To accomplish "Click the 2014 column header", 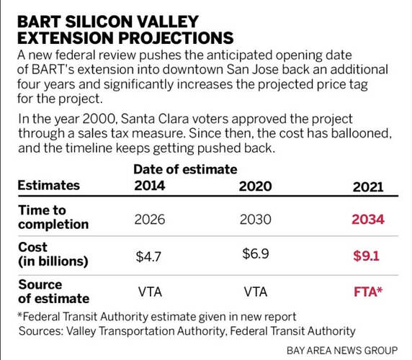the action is [x=150, y=186].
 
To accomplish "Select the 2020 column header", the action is [x=255, y=186].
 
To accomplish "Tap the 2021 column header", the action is [x=368, y=187].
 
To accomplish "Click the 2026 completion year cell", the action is [x=150, y=220].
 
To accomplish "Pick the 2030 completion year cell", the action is [x=255, y=220].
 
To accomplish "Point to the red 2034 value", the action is [x=368, y=220].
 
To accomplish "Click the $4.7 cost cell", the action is [x=148, y=256].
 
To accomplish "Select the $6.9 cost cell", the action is [x=256, y=253].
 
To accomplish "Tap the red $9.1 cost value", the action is [x=367, y=256].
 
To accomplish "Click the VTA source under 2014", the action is [x=150, y=292].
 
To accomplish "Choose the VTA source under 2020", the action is [x=256, y=292].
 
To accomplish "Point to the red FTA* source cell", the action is [x=368, y=292].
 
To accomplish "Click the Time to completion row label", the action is [x=53, y=217].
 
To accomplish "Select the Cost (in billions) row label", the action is [x=53, y=254].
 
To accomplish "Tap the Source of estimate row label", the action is [x=54, y=292].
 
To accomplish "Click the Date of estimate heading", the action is [x=185, y=169].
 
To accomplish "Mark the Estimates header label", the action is [x=48, y=185].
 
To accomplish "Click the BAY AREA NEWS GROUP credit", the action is [x=342, y=351].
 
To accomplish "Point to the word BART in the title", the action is [x=39, y=22].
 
